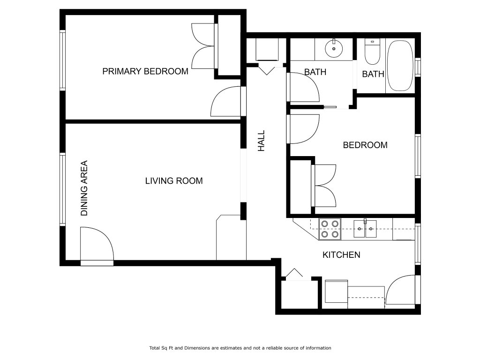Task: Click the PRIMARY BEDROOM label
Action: tap(145, 71)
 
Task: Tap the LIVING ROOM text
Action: tap(174, 181)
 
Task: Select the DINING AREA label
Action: tap(84, 188)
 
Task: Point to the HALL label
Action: tap(261, 141)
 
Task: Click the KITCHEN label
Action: tap(341, 255)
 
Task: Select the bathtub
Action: tap(400, 66)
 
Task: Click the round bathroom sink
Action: tap(334, 48)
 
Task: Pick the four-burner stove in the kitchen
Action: tap(330, 229)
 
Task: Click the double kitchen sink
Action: tap(365, 229)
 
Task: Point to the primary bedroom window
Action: tap(62, 60)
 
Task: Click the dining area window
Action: tap(62, 189)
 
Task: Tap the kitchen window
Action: tap(418, 244)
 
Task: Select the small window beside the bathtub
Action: tap(418, 67)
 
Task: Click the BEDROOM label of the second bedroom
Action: tap(365, 145)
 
